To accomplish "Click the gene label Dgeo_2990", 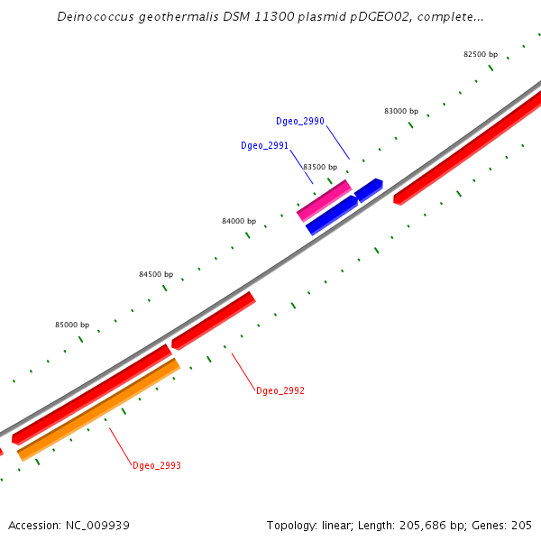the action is click(x=300, y=121).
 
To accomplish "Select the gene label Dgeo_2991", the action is click(x=264, y=145).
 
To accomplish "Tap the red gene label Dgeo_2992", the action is click(x=280, y=391).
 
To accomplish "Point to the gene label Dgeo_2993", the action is click(x=157, y=465).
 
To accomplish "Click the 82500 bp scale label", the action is click(x=481, y=54).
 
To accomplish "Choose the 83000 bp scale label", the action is click(x=401, y=111).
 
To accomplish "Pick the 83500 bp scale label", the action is click(x=320, y=167).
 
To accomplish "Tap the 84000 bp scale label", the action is click(x=239, y=221).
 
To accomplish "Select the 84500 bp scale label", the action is click(x=156, y=274).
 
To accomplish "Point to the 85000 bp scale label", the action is click(x=72, y=325).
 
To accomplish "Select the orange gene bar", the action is click(x=99, y=409).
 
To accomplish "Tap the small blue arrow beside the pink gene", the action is click(x=368, y=189).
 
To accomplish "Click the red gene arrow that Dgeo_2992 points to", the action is click(x=214, y=320).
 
